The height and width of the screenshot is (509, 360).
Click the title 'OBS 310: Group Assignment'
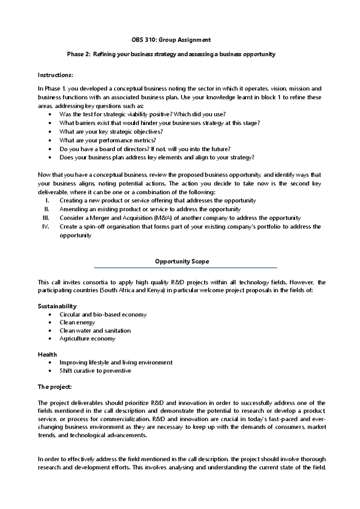pyautogui.click(x=171, y=40)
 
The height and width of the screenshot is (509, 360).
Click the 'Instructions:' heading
pyautogui.click(x=55, y=75)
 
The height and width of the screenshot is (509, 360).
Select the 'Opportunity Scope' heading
pyautogui.click(x=182, y=261)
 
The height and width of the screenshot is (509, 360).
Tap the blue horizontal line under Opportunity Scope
pyautogui.click(x=185, y=268)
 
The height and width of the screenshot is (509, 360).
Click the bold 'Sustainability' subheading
pyautogui.click(x=57, y=306)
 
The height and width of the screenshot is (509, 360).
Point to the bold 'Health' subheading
pyautogui.click(x=47, y=354)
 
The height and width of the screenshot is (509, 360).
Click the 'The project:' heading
pyautogui.click(x=55, y=387)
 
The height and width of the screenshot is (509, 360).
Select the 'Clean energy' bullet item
pyautogui.click(x=77, y=322)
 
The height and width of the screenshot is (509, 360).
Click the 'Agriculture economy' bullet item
pyautogui.click(x=87, y=339)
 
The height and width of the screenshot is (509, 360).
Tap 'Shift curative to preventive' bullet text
pyautogui.click(x=95, y=371)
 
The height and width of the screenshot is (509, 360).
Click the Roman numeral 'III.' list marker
pyautogui.click(x=46, y=218)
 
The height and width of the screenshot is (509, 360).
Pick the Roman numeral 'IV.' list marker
pyautogui.click(x=46, y=227)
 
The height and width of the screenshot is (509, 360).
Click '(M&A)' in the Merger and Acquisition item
pyautogui.click(x=163, y=218)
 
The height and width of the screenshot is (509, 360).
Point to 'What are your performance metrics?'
pyautogui.click(x=108, y=140)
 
